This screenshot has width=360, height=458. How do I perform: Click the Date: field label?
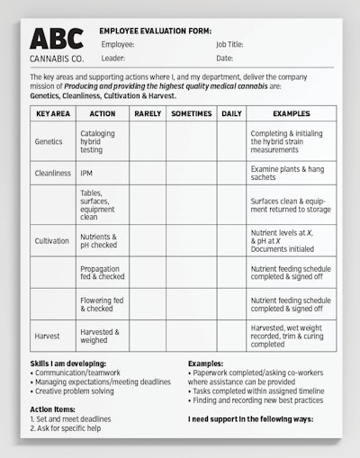click(x=224, y=58)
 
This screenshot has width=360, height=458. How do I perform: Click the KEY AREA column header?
click(x=52, y=114)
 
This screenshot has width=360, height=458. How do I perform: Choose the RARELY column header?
click(x=147, y=114)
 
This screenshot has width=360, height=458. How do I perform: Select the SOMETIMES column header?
click(x=190, y=114)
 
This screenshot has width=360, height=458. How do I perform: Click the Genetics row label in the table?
click(x=49, y=142)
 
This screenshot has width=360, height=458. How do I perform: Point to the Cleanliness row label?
click(x=52, y=173)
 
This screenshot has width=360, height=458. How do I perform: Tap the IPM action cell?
click(x=86, y=173)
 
